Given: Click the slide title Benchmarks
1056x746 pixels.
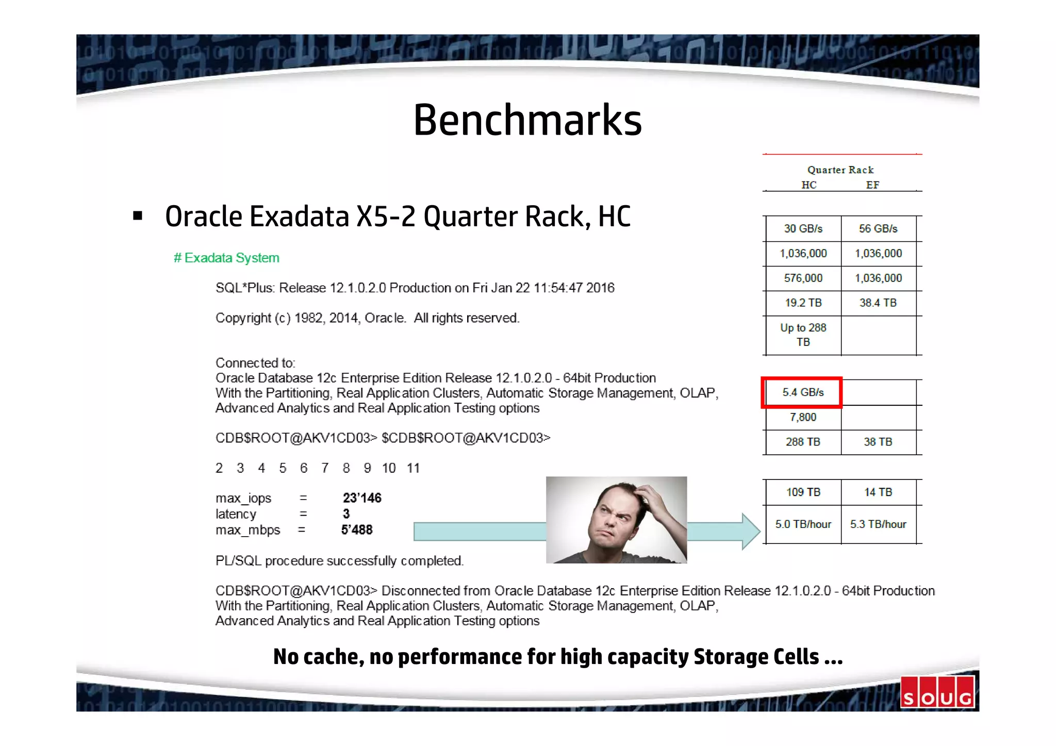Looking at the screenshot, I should click(x=527, y=120).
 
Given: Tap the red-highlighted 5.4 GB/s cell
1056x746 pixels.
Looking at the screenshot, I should click(x=802, y=392).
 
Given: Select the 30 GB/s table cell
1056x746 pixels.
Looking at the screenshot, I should click(x=803, y=228).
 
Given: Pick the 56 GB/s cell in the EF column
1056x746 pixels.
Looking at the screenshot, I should click(x=878, y=228).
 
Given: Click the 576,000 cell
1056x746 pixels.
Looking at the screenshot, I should click(x=803, y=278).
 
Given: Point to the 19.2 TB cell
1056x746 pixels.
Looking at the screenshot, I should click(x=803, y=303).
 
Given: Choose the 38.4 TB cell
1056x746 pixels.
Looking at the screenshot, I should click(x=878, y=303).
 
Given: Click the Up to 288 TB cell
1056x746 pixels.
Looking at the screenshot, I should click(x=803, y=335).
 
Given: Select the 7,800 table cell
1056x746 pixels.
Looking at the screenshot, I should click(x=803, y=417).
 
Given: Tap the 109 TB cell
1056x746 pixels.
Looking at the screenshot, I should click(x=803, y=492).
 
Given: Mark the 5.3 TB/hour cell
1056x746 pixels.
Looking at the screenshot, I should click(x=878, y=524).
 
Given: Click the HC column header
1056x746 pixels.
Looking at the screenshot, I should click(x=808, y=185).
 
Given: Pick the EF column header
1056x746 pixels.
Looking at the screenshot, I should click(x=872, y=185).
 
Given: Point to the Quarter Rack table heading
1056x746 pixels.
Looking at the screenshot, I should click(x=840, y=170).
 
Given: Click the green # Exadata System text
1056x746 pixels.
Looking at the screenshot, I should click(x=226, y=258).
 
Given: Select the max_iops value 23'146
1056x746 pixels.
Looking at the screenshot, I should click(x=362, y=498).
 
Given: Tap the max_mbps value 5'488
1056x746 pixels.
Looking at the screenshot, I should click(x=357, y=530).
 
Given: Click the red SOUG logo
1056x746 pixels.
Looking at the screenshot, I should click(x=937, y=692).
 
